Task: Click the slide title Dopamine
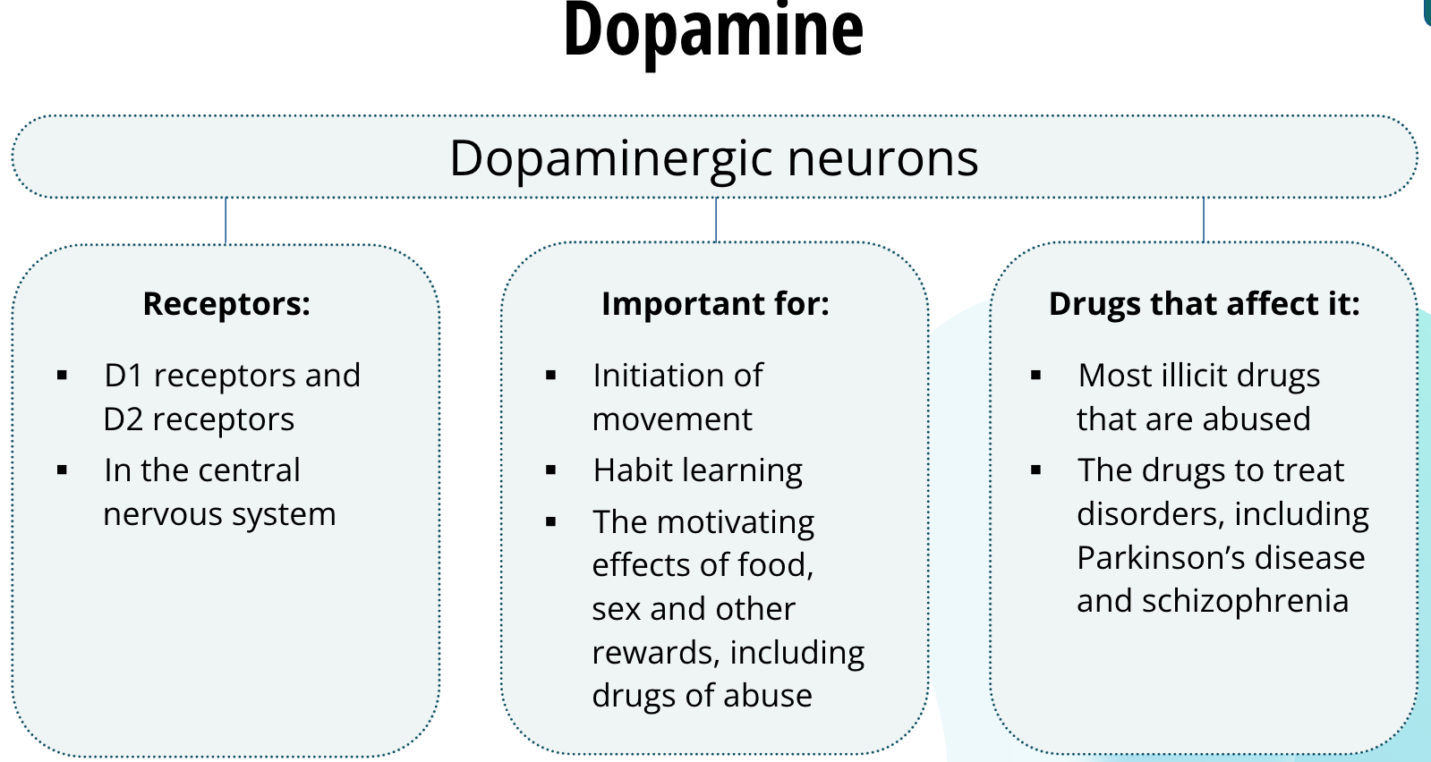[713, 30]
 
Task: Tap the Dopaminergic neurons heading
[713, 158]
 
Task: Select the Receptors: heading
[226, 304]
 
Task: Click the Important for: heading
[715, 304]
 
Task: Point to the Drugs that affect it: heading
[1204, 304]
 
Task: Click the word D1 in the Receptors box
[124, 376]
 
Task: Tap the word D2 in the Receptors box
[123, 419]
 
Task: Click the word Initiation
[659, 376]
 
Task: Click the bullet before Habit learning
[550, 470]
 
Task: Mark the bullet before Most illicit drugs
[1035, 376]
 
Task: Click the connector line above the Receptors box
[226, 221]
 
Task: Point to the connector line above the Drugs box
[1204, 220]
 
